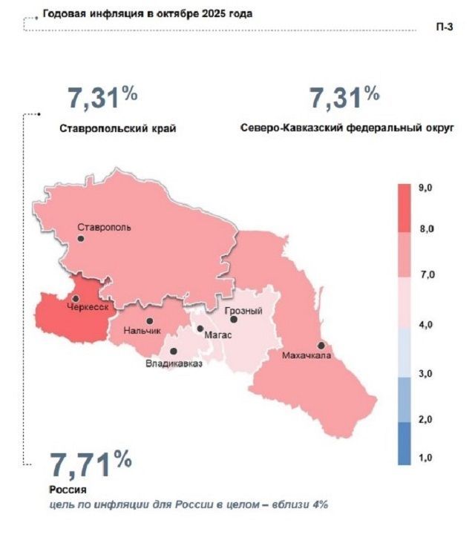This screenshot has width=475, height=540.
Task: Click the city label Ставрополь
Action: coord(105,227)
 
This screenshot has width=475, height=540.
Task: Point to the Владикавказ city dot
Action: coord(173,352)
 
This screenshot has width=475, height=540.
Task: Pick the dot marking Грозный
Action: coord(233,320)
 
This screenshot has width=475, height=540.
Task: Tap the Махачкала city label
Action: coord(306,357)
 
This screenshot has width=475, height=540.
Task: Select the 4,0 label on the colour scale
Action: coord(426,325)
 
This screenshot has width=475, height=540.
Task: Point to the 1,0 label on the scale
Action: coord(426,459)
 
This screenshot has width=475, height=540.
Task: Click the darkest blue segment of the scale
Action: coord(404,443)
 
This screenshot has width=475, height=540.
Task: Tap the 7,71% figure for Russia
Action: coord(91,465)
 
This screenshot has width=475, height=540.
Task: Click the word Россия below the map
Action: coord(68,490)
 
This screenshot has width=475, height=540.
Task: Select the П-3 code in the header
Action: coord(445,27)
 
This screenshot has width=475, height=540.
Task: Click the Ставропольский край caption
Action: coord(118,128)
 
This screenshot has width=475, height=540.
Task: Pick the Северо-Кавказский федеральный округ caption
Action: coord(347,128)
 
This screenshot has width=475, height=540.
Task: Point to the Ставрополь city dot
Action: coord(80,239)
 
